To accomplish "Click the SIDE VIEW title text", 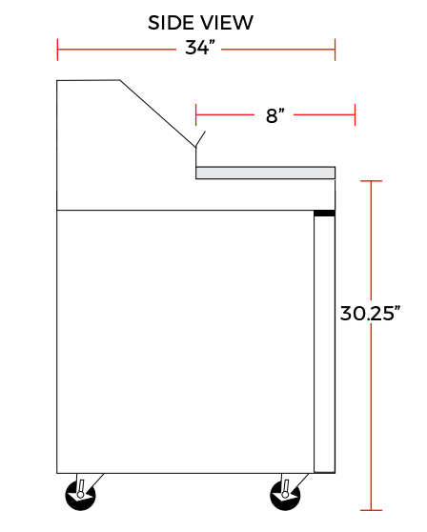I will (200, 22).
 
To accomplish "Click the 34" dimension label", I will (197, 49).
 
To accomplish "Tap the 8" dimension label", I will (275, 115).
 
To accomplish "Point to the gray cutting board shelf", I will (265, 173).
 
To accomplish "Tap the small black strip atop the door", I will (325, 213).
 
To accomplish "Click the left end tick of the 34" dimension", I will (58, 49).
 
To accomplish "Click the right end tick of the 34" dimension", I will (335, 49).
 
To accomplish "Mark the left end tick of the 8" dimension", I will (196, 115).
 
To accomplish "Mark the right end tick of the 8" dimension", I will (355, 115).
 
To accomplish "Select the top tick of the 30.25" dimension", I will (371, 180).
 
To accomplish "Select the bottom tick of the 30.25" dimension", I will (371, 509).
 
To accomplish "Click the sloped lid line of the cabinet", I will (157, 112).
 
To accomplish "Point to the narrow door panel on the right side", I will (325, 343).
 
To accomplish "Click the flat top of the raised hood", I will (88, 81).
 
